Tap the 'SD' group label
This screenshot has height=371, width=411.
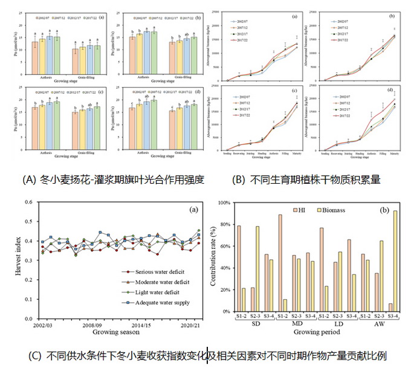247,324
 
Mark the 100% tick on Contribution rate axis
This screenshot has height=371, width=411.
222,202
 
